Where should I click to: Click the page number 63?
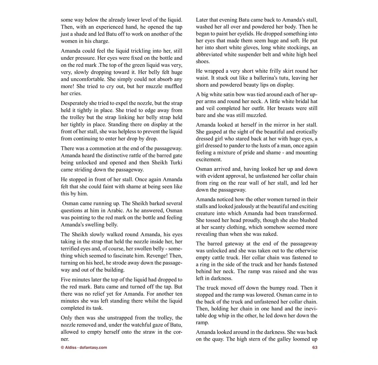click(315, 347)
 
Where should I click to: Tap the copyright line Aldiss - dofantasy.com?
click(84, 347)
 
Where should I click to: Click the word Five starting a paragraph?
click(66, 280)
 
